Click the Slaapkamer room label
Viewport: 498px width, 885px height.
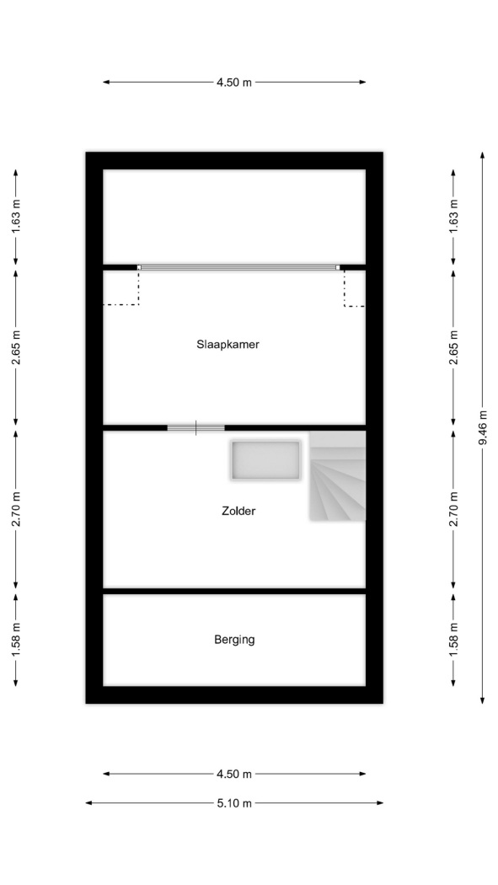coord(228,344)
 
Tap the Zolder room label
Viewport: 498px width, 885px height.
coord(238,512)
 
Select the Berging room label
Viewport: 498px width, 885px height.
coord(234,640)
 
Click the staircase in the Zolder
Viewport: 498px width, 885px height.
coord(337,476)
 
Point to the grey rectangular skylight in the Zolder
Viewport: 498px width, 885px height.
coord(265,460)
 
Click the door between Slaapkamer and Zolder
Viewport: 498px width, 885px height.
coord(195,428)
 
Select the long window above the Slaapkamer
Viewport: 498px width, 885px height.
coord(238,267)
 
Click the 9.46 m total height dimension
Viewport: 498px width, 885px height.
coord(482,428)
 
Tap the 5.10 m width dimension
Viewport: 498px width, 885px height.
coord(234,803)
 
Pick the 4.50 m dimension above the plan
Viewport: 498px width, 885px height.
coord(234,83)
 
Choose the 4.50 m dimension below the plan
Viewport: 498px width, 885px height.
coord(234,775)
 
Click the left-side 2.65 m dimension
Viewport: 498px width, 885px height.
coord(16,347)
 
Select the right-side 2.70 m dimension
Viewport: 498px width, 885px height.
coord(452,509)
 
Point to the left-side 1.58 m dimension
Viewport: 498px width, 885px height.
coord(16,640)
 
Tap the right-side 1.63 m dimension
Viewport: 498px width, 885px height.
coord(452,217)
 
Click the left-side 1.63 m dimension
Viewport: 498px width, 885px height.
coord(16,217)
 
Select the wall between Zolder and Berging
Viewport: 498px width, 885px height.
coord(234,591)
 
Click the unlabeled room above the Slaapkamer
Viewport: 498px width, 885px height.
coord(234,217)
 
